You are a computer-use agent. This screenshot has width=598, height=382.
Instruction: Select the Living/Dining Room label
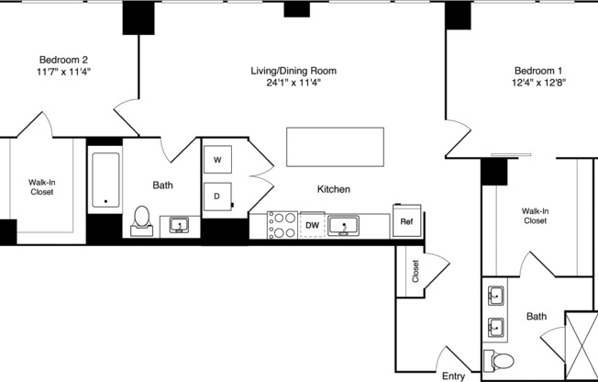(294, 70)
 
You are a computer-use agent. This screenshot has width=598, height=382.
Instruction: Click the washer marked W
(217, 161)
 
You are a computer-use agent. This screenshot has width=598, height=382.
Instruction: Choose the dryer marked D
(217, 195)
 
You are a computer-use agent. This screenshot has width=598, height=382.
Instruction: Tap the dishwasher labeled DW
(312, 224)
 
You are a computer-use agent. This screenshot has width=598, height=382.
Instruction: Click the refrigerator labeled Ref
(406, 220)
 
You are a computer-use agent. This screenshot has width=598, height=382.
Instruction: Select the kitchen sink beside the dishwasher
(345, 224)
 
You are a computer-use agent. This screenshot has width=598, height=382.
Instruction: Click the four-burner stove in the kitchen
(282, 225)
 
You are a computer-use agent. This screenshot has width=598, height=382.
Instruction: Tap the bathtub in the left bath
(105, 180)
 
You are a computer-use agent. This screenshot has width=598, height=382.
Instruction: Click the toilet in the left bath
(142, 220)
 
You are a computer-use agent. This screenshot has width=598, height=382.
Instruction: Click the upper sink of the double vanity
(495, 296)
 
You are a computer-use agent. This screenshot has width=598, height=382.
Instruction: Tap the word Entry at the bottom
(453, 376)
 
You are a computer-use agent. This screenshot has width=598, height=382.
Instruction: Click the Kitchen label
(334, 189)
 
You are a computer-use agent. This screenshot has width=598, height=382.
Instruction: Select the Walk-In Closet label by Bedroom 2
(42, 187)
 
